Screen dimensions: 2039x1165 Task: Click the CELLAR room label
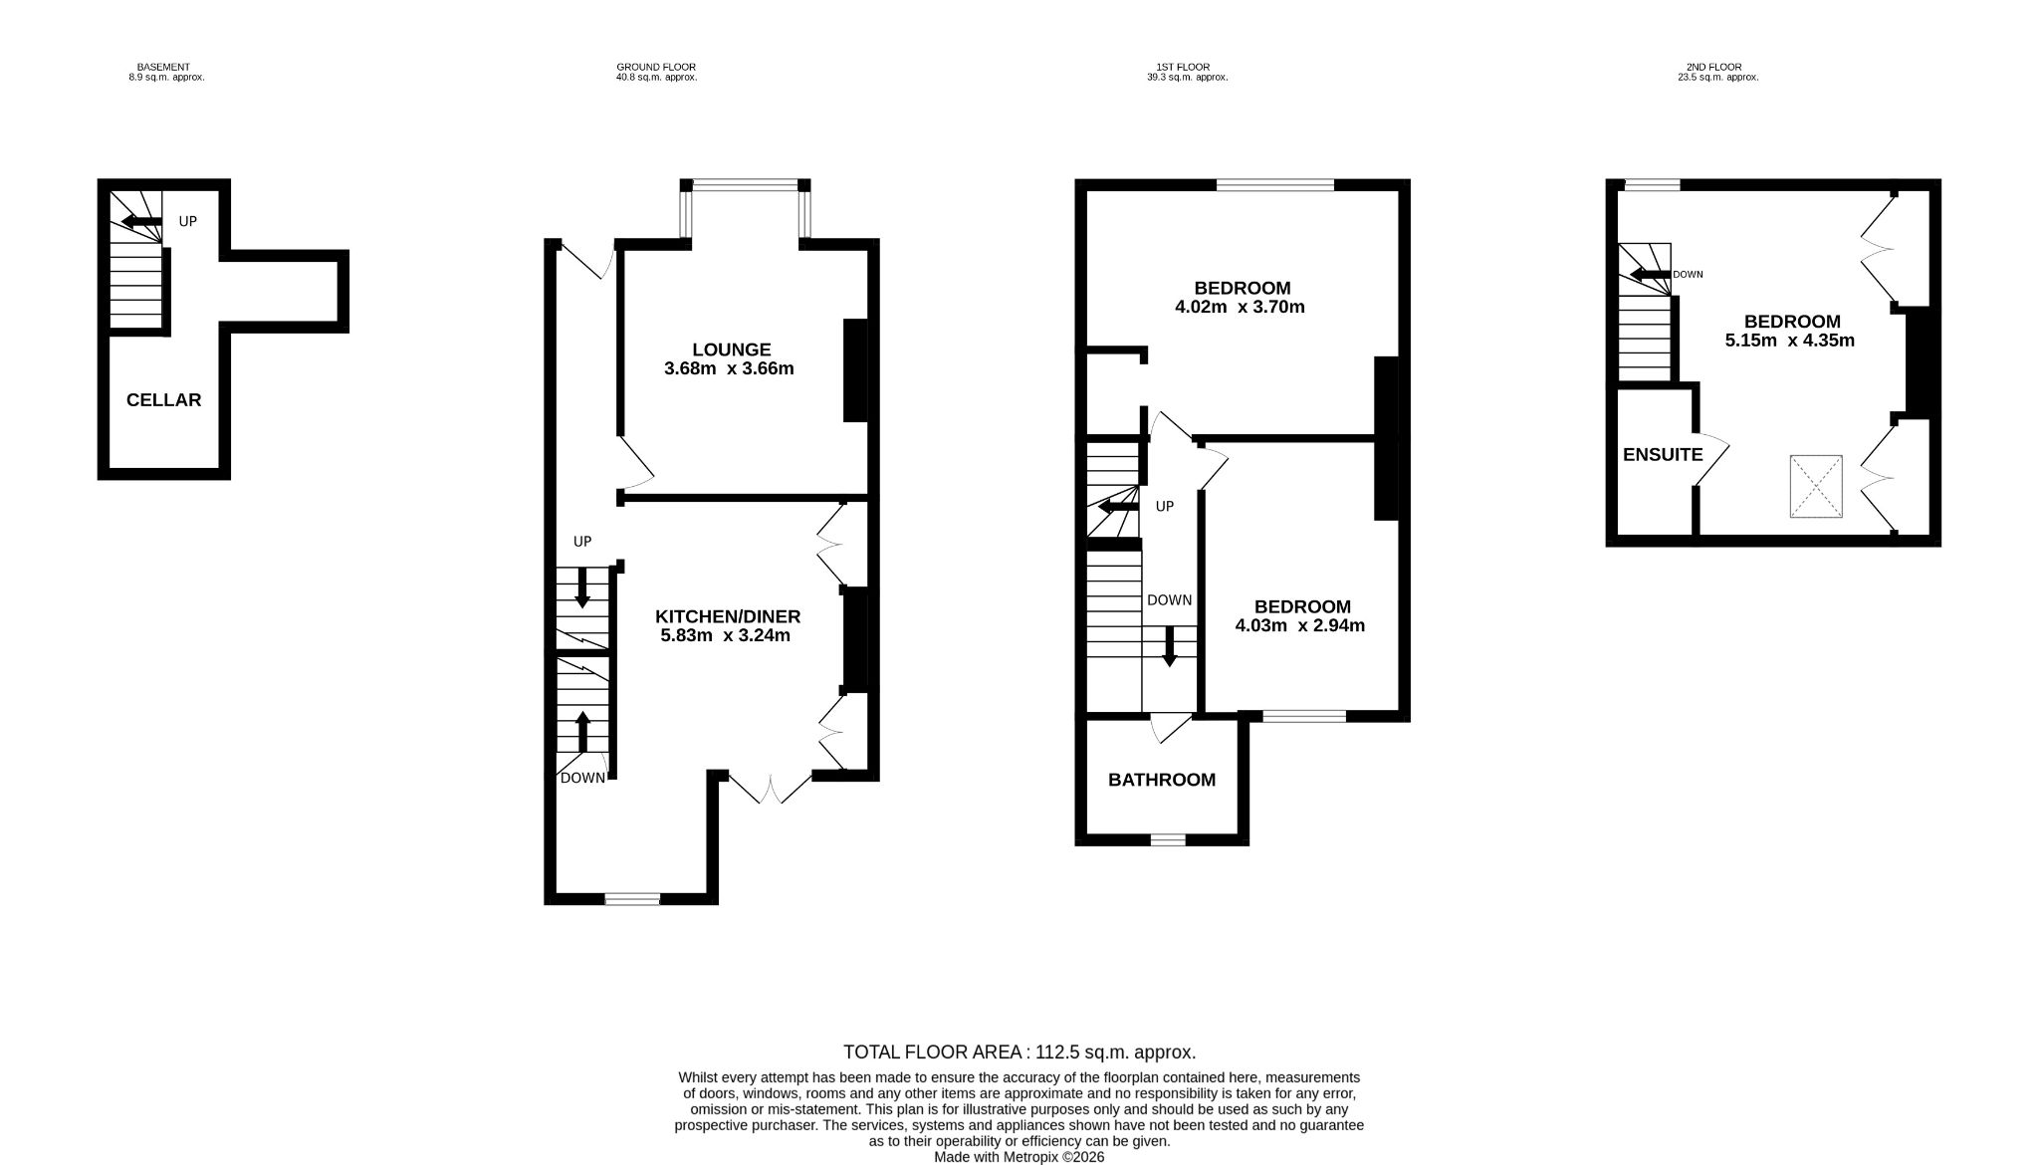(x=163, y=400)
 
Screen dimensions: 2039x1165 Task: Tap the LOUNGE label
(x=732, y=349)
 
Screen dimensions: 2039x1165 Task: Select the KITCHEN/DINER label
(x=728, y=616)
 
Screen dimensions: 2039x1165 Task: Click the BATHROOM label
(x=1162, y=780)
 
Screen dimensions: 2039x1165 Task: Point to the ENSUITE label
(x=1663, y=455)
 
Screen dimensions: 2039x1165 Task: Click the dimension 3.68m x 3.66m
(x=729, y=369)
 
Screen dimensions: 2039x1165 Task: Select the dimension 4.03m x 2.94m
(x=1300, y=626)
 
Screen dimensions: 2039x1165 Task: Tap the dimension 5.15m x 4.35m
(x=1790, y=341)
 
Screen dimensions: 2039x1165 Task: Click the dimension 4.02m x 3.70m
(x=1240, y=308)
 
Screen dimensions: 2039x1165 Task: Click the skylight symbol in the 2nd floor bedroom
(x=1816, y=487)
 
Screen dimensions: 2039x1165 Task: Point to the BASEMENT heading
(x=163, y=68)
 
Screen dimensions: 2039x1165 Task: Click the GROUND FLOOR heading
(x=656, y=68)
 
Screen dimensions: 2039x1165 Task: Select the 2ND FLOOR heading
(x=1713, y=68)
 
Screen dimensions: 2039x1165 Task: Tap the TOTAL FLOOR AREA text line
(x=1019, y=1052)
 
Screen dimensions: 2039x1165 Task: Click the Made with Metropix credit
(x=1019, y=1158)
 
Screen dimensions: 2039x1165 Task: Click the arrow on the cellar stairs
(x=141, y=221)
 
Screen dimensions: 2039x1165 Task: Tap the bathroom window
(x=1169, y=840)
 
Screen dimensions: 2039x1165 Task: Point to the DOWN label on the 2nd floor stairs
(x=1688, y=274)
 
